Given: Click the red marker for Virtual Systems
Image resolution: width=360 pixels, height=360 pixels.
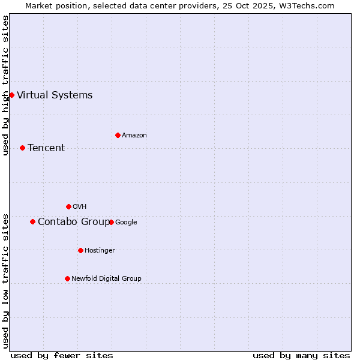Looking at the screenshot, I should (11, 95).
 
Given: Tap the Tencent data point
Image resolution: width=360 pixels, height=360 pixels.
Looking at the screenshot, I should (22, 148).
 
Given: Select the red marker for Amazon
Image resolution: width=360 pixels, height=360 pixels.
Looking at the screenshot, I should (118, 135).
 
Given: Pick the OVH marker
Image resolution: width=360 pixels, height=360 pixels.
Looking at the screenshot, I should (68, 206).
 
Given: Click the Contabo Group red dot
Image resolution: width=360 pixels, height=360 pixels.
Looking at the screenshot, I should (32, 221).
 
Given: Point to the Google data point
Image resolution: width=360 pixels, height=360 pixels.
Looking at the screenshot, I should (111, 222).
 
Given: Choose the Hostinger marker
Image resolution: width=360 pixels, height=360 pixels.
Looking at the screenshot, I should (80, 250).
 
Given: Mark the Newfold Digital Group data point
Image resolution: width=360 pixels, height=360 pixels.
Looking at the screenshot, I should (67, 278).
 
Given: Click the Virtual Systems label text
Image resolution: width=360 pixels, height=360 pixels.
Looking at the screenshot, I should (55, 95).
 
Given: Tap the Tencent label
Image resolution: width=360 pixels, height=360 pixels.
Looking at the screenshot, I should (46, 148).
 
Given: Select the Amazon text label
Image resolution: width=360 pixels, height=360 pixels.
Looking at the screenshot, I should (134, 135).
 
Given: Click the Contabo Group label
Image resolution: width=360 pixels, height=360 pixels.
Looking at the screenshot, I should (73, 221).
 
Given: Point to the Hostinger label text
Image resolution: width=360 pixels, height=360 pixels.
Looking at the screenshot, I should (100, 250).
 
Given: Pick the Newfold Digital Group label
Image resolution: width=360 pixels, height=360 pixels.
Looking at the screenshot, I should (106, 278).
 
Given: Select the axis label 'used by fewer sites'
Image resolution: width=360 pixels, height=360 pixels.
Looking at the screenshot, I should (62, 355).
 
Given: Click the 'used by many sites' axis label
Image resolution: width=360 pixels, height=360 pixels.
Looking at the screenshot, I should (301, 355).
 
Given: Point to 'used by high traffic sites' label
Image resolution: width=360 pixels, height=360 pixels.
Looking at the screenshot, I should (5, 85).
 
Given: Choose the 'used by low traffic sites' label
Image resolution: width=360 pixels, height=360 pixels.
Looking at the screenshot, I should (5, 281).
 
